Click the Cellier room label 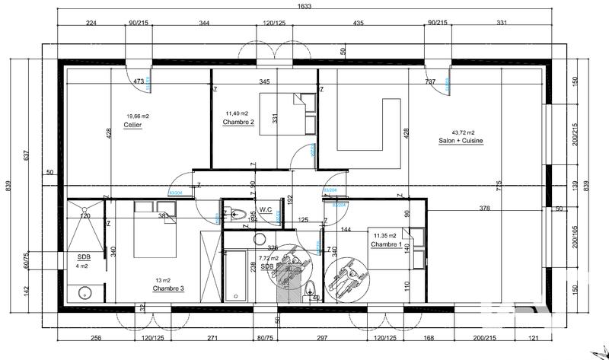click(133, 125)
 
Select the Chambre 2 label click(238, 122)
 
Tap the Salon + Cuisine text click(461, 141)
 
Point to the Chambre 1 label click(386, 245)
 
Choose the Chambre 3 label click(168, 288)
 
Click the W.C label click(266, 209)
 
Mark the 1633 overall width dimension click(305, 5)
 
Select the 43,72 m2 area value click(463, 132)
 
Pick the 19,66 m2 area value click(137, 116)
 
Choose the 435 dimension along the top click(357, 23)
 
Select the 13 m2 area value click(164, 280)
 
